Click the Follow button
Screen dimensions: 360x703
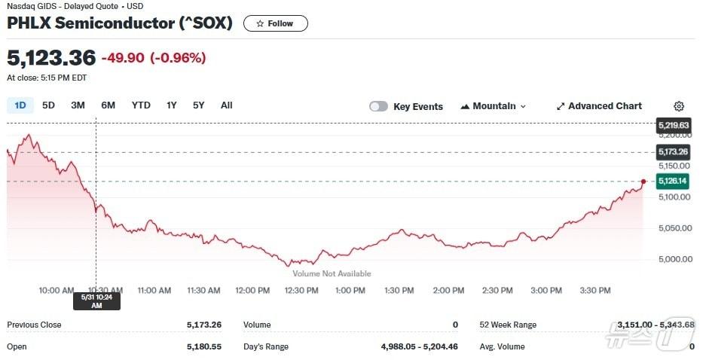click(275, 23)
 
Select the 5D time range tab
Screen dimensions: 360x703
click(48, 105)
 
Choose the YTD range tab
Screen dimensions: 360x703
click(141, 105)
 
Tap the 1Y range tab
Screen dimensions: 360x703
click(172, 105)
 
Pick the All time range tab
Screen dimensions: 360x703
click(226, 105)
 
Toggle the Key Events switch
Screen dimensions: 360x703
click(378, 106)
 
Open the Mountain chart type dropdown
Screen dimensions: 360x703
click(493, 106)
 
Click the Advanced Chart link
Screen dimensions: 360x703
click(599, 106)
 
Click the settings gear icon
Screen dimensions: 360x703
click(679, 106)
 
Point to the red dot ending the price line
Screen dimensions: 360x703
click(643, 182)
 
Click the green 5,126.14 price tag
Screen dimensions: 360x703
click(672, 181)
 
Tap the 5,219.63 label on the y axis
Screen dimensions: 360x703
click(673, 125)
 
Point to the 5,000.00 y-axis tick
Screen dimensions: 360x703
click(675, 259)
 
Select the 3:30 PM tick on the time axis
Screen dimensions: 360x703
click(595, 290)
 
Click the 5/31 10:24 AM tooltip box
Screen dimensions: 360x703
click(96, 301)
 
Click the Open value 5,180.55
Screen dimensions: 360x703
click(204, 346)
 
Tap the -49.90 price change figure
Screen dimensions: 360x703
click(123, 58)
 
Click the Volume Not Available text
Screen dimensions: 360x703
click(332, 273)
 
